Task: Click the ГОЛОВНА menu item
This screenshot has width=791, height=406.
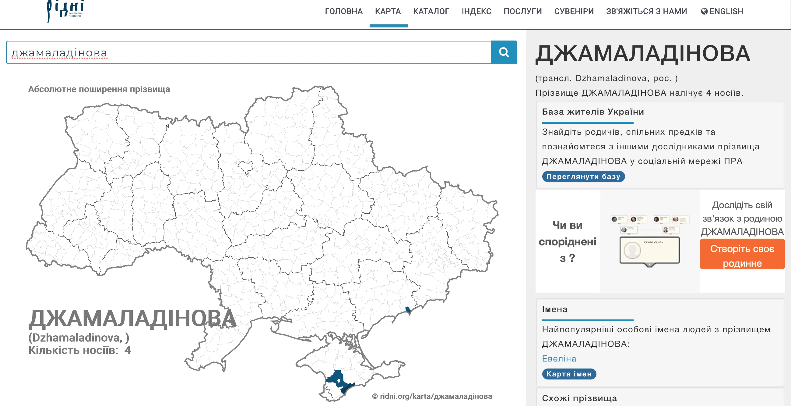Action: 344,11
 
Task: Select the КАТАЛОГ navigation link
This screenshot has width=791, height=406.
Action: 431,11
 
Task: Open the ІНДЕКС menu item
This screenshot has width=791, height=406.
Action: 476,11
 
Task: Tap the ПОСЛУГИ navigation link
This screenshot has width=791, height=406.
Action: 523,11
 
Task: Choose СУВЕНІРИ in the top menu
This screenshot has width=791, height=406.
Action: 574,11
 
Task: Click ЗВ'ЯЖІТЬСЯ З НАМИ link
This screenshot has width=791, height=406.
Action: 646,11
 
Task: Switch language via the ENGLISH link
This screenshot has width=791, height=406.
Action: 722,11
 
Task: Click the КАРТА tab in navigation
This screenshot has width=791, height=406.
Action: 388,11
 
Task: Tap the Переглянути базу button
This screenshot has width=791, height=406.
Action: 583,176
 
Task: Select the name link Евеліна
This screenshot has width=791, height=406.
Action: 559,358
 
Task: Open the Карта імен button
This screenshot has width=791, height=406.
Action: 569,374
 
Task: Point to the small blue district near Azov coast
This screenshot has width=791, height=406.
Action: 408,309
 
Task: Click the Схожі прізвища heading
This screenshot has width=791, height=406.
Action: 579,398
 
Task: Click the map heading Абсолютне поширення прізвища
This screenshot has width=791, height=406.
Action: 99,89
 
